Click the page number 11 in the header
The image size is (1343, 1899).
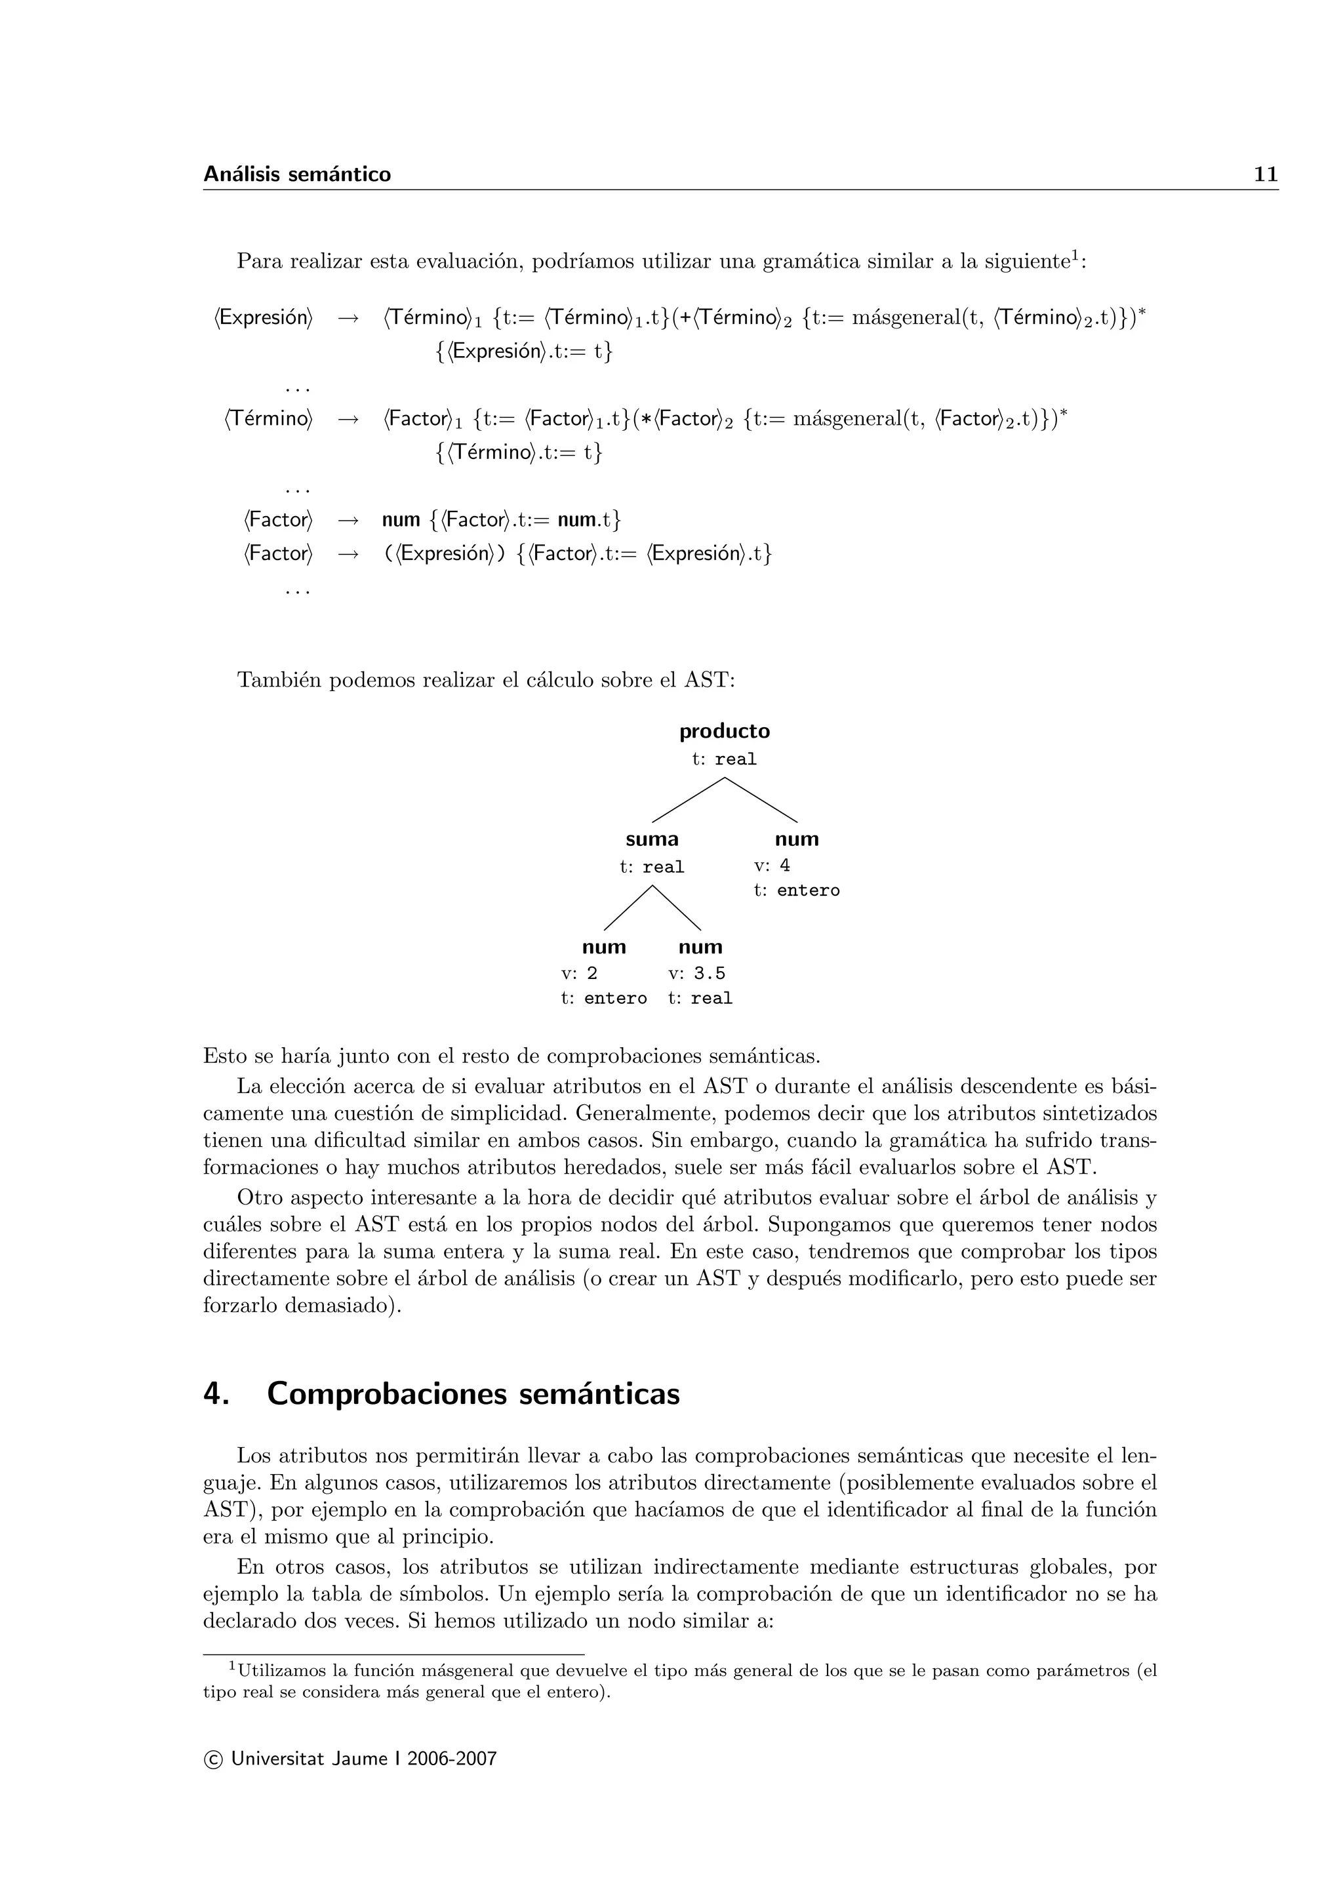(x=1265, y=174)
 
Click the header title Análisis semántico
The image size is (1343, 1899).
(x=297, y=174)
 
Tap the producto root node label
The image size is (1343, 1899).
(x=725, y=731)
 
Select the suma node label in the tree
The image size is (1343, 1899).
(x=652, y=839)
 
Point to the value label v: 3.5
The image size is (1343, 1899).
(x=696, y=974)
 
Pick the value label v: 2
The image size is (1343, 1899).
(x=579, y=974)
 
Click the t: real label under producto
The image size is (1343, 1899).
(x=725, y=759)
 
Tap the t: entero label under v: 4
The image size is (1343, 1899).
(x=796, y=890)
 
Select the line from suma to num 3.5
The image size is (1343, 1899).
(x=677, y=908)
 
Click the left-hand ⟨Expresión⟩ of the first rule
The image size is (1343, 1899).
(x=264, y=317)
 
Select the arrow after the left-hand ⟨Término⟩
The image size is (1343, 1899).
(x=348, y=419)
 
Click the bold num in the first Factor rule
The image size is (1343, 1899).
(x=401, y=520)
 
